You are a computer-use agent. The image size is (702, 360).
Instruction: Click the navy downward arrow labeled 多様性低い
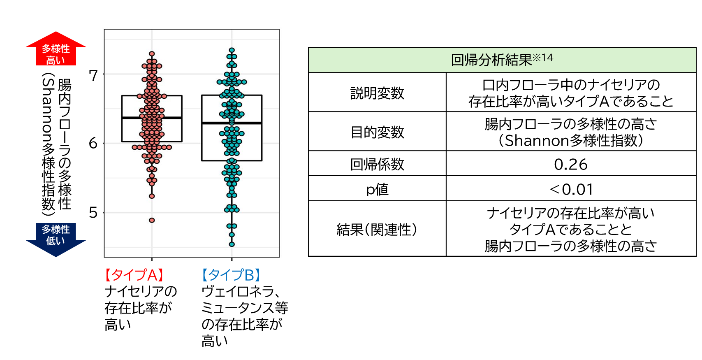pyautogui.click(x=56, y=238)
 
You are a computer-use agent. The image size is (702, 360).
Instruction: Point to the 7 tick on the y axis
pyautogui.click(x=94, y=76)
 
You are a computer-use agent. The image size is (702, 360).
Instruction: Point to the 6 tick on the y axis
pyautogui.click(x=94, y=143)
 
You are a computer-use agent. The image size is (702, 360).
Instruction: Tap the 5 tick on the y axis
pyautogui.click(x=94, y=213)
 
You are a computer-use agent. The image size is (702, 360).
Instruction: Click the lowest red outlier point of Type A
pyautogui.click(x=152, y=220)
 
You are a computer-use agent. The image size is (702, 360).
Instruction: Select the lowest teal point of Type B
pyautogui.click(x=232, y=244)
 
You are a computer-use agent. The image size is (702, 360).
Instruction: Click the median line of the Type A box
pyautogui.click(x=152, y=118)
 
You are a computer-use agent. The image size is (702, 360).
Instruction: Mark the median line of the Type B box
pyautogui.click(x=232, y=123)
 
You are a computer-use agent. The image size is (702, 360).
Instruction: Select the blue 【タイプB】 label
pyautogui.click(x=231, y=275)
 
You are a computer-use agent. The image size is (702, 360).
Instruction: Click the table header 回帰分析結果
pyautogui.click(x=502, y=60)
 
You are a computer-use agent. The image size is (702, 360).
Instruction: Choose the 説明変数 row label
pyautogui.click(x=377, y=93)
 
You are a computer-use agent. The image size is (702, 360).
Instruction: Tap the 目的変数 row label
pyautogui.click(x=377, y=132)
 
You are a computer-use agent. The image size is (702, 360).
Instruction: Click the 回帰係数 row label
pyautogui.click(x=377, y=164)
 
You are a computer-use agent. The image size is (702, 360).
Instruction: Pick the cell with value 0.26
pyautogui.click(x=571, y=165)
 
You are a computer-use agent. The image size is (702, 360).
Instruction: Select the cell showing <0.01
pyautogui.click(x=571, y=189)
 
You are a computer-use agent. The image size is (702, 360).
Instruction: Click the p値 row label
pyautogui.click(x=377, y=189)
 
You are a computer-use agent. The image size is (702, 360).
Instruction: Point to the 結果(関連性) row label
pyautogui.click(x=377, y=230)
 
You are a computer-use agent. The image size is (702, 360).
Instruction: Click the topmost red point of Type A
pyautogui.click(x=152, y=54)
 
